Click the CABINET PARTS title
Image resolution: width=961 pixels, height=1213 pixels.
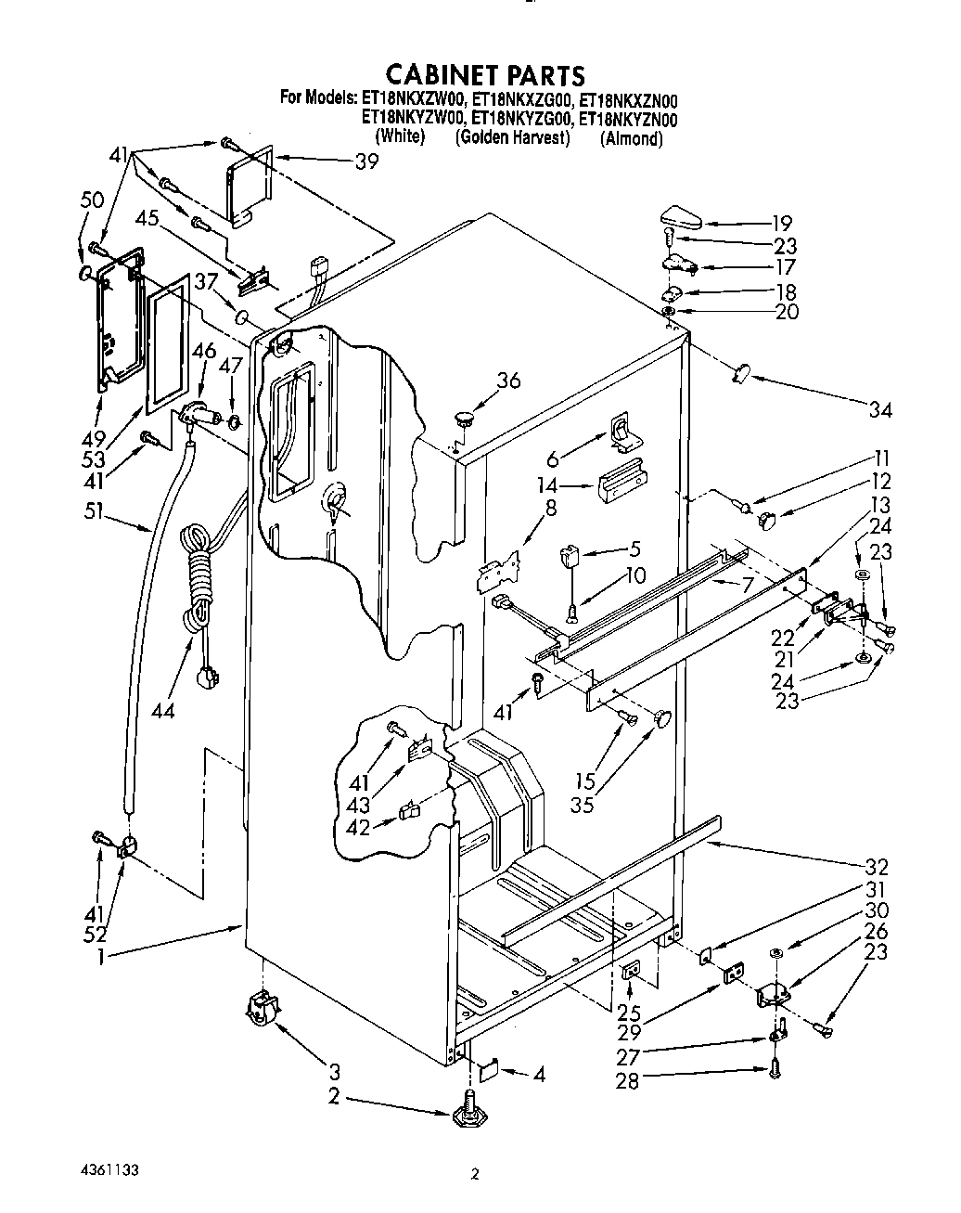tap(485, 74)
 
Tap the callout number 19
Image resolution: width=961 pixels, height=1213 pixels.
tap(781, 223)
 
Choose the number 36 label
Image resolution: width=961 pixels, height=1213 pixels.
tap(508, 381)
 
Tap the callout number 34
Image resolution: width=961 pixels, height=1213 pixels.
tap(879, 409)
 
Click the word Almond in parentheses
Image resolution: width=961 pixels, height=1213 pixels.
tap(632, 139)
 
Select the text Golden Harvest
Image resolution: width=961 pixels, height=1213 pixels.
tap(511, 138)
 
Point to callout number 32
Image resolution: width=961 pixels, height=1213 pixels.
tap(876, 868)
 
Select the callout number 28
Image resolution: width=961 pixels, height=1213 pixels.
tap(628, 1081)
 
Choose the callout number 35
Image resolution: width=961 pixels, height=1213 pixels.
tap(583, 804)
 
